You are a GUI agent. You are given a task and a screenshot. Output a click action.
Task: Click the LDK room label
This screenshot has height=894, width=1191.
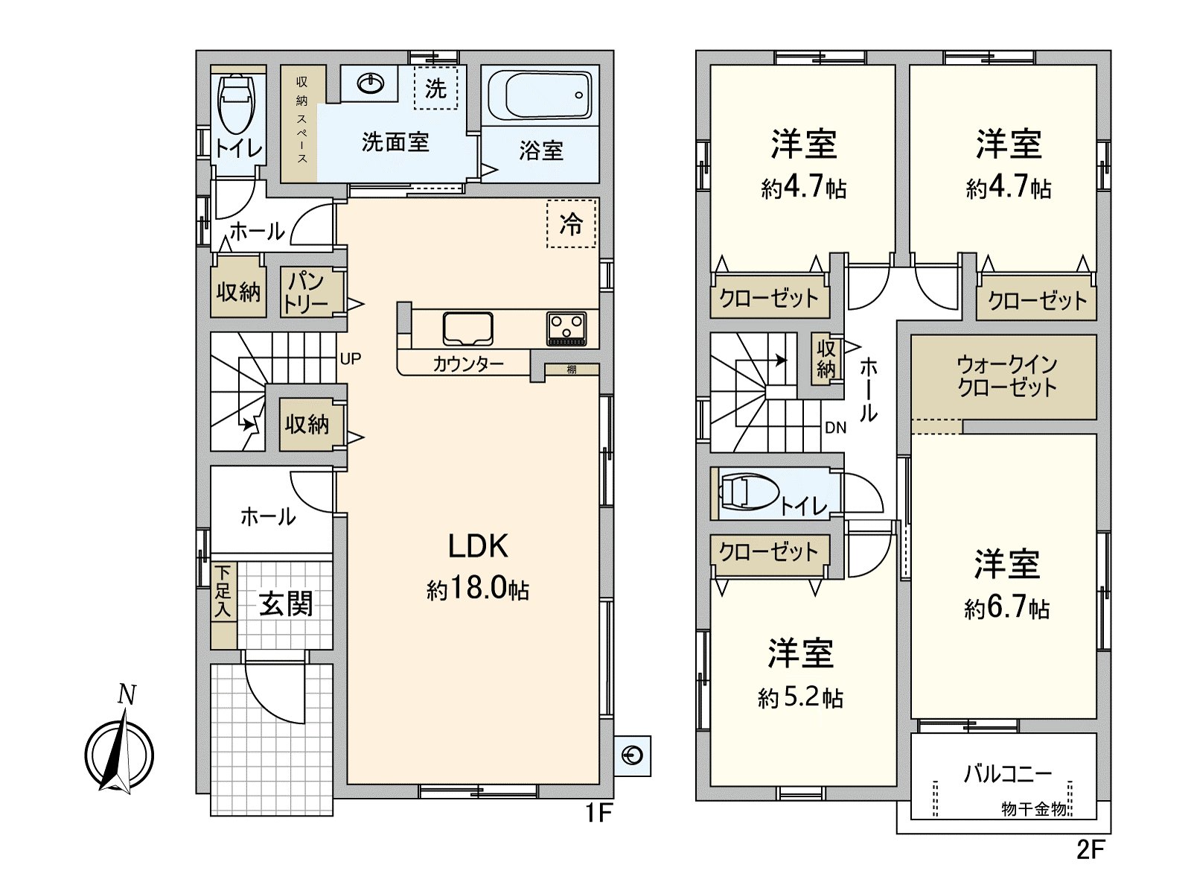[478, 546]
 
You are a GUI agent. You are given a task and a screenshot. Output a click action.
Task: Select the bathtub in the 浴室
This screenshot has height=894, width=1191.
[540, 95]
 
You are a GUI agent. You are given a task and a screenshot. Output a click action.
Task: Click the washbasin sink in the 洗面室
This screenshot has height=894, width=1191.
[371, 83]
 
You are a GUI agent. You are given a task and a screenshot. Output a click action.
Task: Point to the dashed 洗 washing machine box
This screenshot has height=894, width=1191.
[435, 88]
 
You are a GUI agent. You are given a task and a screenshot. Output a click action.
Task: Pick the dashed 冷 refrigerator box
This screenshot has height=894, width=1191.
[572, 223]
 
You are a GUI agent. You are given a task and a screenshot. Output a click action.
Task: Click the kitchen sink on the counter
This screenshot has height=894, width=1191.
[467, 328]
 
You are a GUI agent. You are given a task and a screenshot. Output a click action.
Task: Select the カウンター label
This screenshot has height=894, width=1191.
[468, 364]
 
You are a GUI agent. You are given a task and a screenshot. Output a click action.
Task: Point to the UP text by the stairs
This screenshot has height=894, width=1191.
[351, 358]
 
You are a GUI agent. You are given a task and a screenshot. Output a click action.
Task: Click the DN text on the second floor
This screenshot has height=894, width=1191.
[835, 428]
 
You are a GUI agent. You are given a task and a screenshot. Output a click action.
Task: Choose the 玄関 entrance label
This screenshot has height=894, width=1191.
[286, 603]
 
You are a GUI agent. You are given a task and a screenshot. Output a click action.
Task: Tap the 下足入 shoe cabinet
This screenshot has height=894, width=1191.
[223, 592]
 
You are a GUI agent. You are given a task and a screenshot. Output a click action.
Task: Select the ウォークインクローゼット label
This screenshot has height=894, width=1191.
[1006, 375]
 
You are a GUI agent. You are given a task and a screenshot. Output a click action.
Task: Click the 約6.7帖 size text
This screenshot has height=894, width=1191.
[1006, 608]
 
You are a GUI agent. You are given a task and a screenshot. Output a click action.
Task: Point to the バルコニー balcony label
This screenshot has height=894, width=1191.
[1007, 773]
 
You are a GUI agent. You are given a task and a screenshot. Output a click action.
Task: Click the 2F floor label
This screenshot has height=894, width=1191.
[1090, 849]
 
